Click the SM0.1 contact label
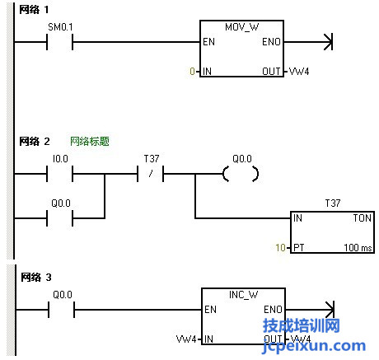[60, 27]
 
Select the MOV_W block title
[241, 27]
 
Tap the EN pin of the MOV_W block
[208, 42]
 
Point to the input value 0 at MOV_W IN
[192, 72]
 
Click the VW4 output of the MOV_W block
[299, 72]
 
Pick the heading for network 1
[34, 10]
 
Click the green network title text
[90, 142]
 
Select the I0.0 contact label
[60, 159]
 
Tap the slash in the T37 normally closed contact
[151, 174]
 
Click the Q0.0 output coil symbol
[241, 174]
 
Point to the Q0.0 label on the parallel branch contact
[61, 203]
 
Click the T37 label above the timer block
[333, 203]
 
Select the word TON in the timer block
[363, 218]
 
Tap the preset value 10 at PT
[281, 247]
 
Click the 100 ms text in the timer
[358, 247]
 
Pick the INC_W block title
[243, 295]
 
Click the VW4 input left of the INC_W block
[186, 339]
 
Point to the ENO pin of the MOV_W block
[271, 42]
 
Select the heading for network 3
[36, 278]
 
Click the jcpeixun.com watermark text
[314, 347]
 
